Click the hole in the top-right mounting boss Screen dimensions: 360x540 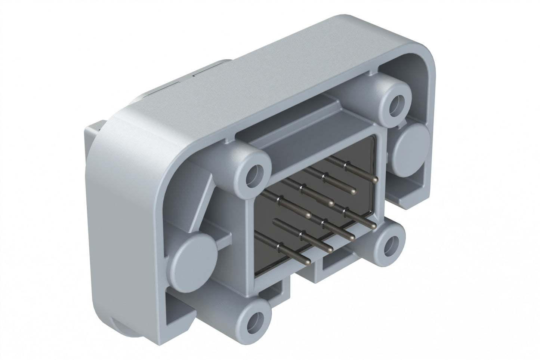pos(395,106)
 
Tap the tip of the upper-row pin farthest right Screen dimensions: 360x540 pos(375,180)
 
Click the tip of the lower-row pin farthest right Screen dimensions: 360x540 pos(373,226)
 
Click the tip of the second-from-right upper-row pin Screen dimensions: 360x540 pos(352,191)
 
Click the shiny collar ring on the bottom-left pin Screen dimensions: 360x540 pos(278,246)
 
